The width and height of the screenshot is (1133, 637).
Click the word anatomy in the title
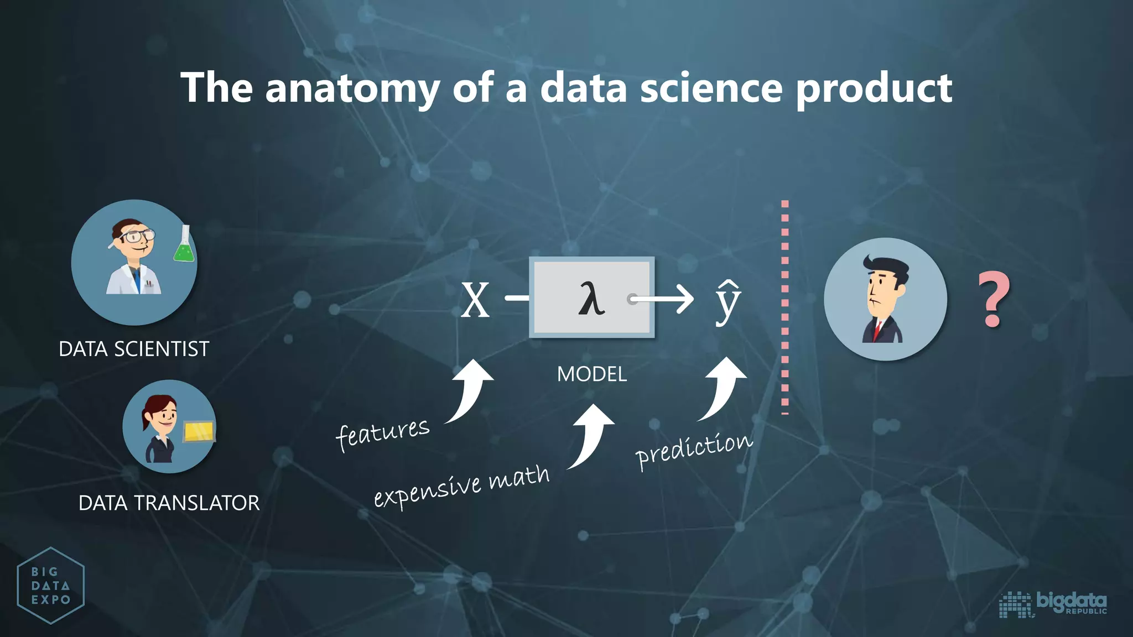click(352, 88)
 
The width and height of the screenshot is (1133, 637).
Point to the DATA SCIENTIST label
click(134, 349)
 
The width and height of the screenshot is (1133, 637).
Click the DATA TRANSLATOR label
click(169, 503)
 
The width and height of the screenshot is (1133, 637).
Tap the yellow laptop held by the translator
click(199, 432)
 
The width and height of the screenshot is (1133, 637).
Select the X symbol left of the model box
click(475, 300)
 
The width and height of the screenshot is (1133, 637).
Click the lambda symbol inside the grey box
click(591, 299)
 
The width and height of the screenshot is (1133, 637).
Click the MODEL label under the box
click(591, 374)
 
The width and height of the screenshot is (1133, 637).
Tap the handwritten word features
click(383, 434)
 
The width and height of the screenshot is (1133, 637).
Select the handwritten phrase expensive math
click(462, 485)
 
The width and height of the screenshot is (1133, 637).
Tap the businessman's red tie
click(877, 330)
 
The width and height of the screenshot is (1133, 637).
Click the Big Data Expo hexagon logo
click(50, 586)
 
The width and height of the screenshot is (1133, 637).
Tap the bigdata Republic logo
click(1053, 603)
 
